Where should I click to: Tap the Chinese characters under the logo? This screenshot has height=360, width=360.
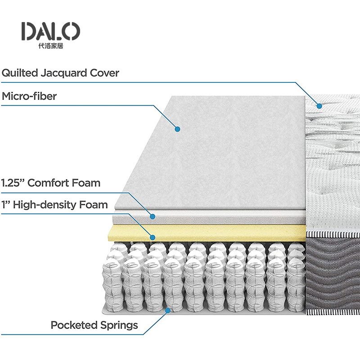[50, 46]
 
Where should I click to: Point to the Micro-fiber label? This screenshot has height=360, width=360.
[29, 96]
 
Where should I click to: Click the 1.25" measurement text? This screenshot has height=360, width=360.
[13, 183]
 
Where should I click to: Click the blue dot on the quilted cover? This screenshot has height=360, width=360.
[319, 106]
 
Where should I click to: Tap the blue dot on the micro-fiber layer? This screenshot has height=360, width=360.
[177, 129]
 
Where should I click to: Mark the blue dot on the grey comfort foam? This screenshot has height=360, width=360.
[153, 217]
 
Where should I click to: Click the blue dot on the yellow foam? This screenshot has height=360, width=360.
[153, 237]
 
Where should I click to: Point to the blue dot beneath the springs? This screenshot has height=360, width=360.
[167, 310]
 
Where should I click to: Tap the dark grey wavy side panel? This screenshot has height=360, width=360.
[333, 274]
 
